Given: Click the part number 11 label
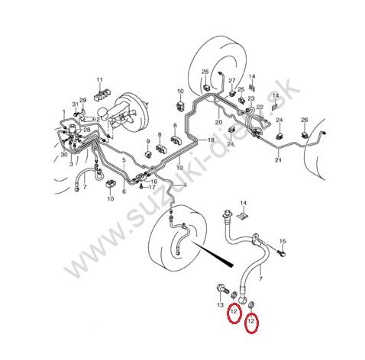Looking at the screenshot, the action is [99, 80].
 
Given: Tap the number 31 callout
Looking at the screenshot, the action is [76, 104].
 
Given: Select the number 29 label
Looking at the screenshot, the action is [83, 100].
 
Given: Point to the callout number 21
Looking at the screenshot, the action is [278, 160].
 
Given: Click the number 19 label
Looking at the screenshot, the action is [179, 168].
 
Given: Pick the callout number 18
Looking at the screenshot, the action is [211, 140].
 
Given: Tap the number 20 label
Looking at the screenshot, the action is [218, 122].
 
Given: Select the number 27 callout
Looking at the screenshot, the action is [232, 81].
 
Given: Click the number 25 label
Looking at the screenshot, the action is [241, 90].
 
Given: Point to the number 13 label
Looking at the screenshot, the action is [221, 305].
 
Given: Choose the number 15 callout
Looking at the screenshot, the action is [283, 241].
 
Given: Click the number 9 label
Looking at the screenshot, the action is [148, 141].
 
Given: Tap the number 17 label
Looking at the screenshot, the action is [152, 188].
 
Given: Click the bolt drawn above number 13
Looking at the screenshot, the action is [222, 289].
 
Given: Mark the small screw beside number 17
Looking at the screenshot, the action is [141, 187].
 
